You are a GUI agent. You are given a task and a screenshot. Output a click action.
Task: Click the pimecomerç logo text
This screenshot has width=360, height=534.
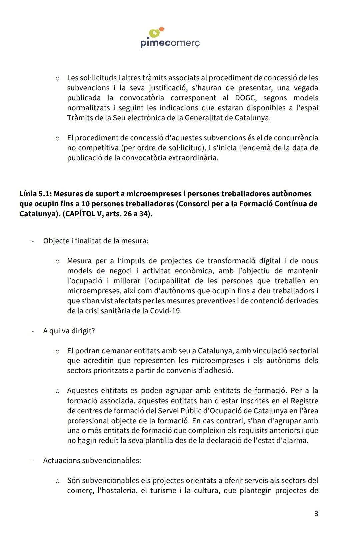[x=170, y=43]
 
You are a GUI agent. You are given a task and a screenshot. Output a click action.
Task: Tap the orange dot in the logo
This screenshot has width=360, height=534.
[x=162, y=29]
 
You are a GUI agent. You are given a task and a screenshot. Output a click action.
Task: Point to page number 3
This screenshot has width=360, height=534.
[x=316, y=513]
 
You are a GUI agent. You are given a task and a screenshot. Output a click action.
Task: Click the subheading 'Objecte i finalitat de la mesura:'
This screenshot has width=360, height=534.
[x=96, y=241]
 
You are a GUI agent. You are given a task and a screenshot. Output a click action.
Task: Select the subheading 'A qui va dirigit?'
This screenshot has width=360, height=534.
[x=69, y=331]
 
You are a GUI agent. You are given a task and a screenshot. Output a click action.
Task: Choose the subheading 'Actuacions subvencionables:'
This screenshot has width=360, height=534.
[x=92, y=460]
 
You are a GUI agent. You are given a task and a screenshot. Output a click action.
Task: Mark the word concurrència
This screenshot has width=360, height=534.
[x=292, y=138]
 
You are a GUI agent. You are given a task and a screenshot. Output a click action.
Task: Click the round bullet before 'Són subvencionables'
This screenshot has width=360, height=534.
[x=57, y=481]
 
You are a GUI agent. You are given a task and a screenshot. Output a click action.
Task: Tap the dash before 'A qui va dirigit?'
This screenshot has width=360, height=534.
[x=32, y=331]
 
